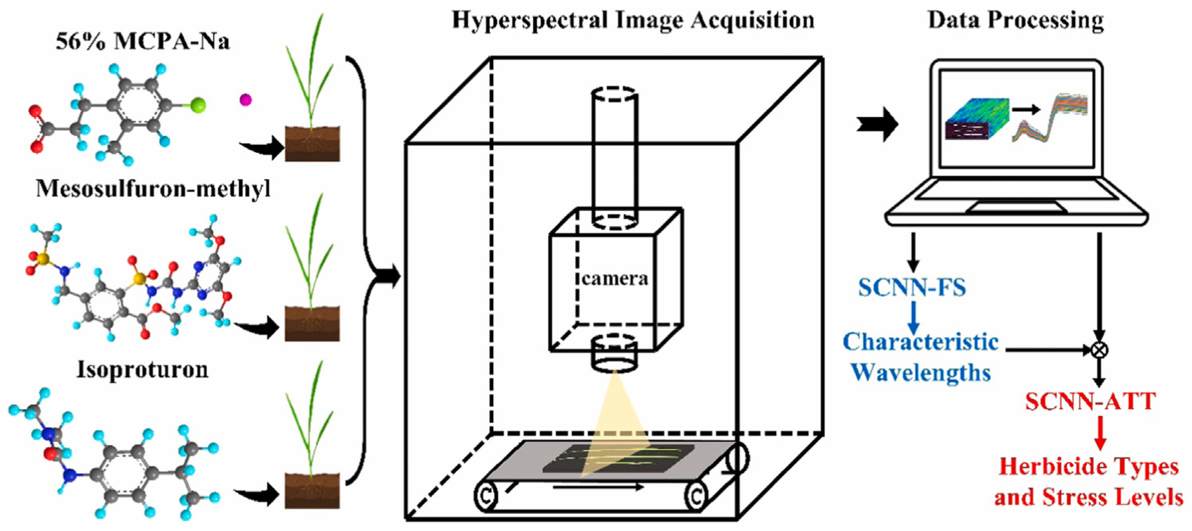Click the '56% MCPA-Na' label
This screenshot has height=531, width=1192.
tap(143, 41)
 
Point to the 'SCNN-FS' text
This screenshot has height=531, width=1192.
tap(912, 287)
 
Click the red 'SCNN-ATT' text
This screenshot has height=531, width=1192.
tap(1090, 401)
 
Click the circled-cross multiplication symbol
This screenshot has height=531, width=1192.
tap(1100, 350)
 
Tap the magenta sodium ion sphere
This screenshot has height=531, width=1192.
tap(245, 99)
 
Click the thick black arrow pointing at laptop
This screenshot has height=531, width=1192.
tap(877, 124)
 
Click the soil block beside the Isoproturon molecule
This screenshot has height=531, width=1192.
tap(312, 491)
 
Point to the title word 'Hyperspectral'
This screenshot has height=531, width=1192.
tap(529, 21)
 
